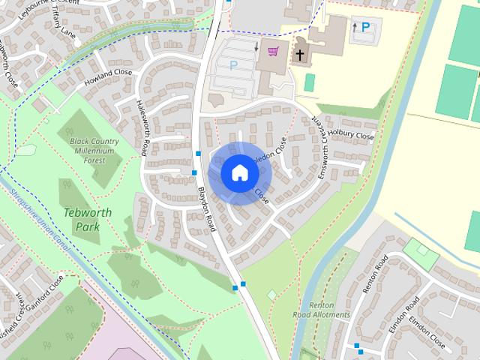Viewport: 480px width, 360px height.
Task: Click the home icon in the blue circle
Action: pos(240,172)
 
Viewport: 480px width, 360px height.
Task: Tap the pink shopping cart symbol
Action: pos(272,52)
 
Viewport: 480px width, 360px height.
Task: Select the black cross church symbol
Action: pos(299,55)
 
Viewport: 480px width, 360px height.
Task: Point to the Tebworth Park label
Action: pos(88,219)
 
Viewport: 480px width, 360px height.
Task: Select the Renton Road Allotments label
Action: pos(328,310)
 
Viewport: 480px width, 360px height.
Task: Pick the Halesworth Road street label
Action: pos(142,127)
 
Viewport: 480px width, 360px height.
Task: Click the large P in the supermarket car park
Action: pos(232,65)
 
